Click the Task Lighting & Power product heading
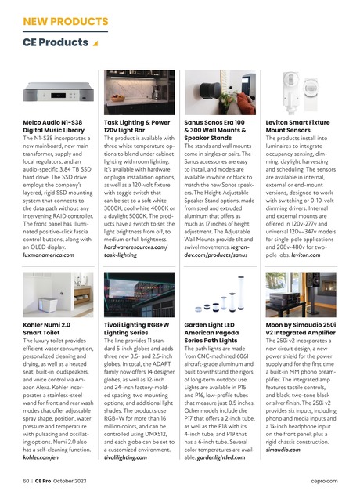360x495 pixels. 137,128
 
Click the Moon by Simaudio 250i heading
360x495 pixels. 301,327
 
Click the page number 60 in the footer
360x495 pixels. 26,479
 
